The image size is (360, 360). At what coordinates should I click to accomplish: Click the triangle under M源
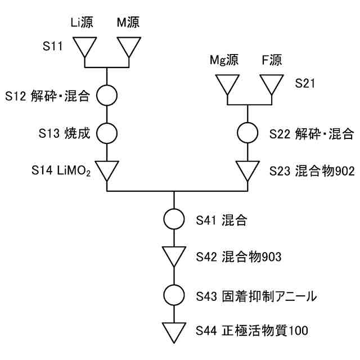[x=129, y=47]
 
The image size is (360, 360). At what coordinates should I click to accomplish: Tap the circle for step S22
[x=247, y=133]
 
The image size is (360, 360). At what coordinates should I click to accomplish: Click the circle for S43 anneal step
[x=174, y=294]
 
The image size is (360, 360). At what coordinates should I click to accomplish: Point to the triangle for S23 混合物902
[x=247, y=169]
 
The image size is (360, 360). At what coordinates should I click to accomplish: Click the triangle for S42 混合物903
[x=174, y=256]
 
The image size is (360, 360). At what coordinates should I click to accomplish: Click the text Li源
[x=82, y=22]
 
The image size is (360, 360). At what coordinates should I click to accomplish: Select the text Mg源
[x=224, y=60]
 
